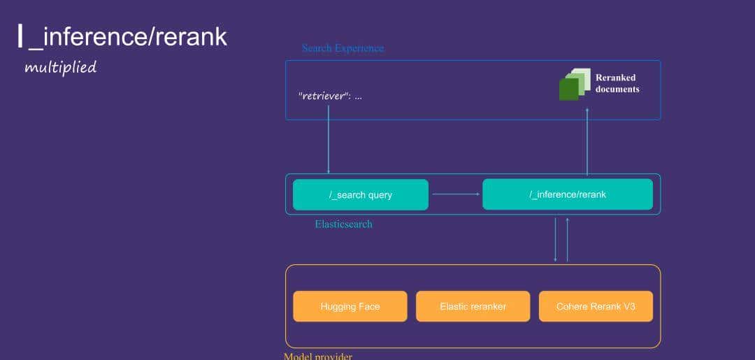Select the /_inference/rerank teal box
pos(567,194)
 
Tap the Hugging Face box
pos(350,306)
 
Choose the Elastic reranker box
pos(473,306)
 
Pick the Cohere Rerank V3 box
pos(596,306)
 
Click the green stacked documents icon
pos(573,85)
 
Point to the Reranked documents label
pos(617,83)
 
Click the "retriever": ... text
pos(330,96)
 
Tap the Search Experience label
pos(343,48)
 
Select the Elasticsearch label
pos(343,224)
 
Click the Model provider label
pos(317,356)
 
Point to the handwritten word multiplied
pos(60,68)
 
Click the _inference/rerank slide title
pos(127,36)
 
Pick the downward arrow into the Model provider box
pos(556,240)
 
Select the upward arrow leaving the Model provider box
pos(567,240)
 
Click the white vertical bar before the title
pos(20,36)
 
